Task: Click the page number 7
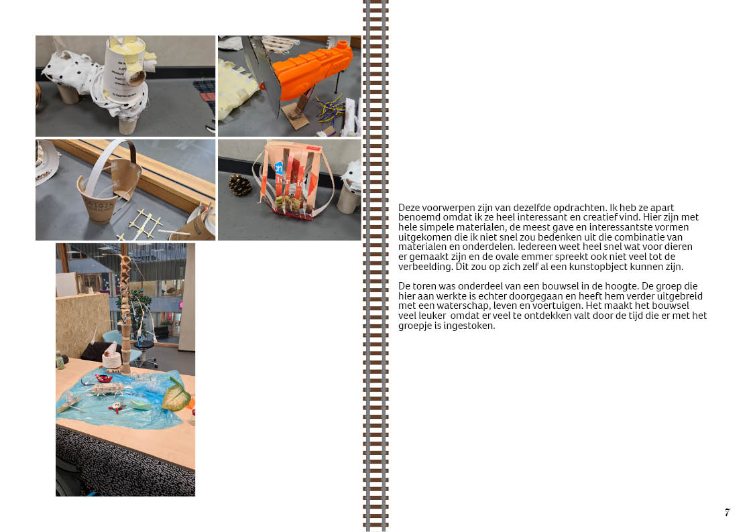728,512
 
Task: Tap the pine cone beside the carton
239,185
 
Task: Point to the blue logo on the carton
278,169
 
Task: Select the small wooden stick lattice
142,223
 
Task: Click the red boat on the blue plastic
104,379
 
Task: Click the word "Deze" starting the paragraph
409,208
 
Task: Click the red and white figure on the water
116,407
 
